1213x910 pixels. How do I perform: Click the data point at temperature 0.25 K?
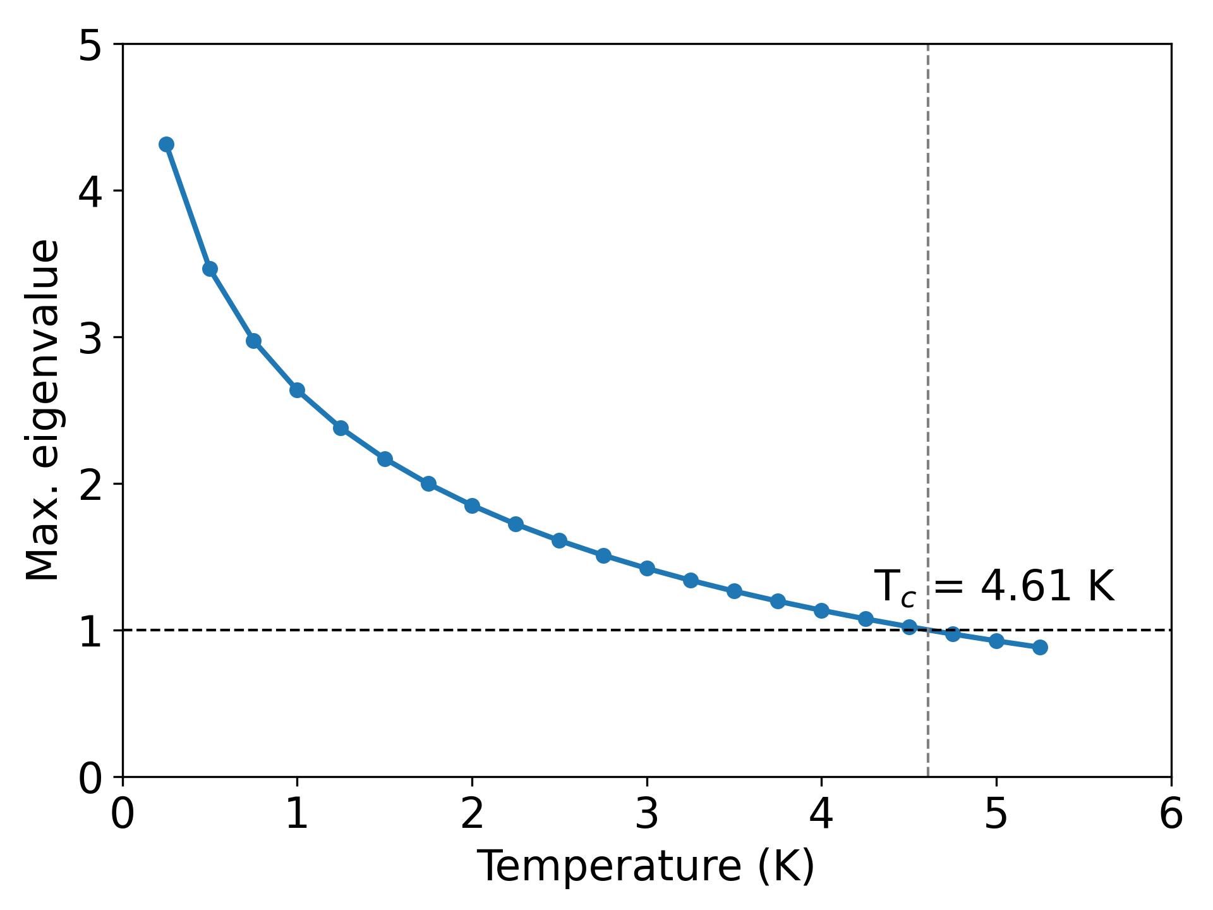(x=166, y=144)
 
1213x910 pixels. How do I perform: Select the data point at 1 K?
(x=297, y=390)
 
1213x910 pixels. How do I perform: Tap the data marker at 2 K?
(x=472, y=506)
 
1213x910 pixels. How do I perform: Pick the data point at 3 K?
(x=647, y=568)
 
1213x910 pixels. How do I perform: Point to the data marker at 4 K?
(x=821, y=610)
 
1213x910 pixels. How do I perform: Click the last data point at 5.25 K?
(x=1040, y=647)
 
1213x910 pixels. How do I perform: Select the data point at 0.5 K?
(x=210, y=269)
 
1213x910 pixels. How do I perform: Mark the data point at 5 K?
(x=996, y=641)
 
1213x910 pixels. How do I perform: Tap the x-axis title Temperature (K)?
(x=645, y=866)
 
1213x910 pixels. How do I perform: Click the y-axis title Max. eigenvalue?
(x=43, y=410)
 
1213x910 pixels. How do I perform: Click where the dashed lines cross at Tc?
(x=927, y=630)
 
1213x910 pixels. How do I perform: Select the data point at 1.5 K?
(x=385, y=459)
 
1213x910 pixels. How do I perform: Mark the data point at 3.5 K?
(x=734, y=591)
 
